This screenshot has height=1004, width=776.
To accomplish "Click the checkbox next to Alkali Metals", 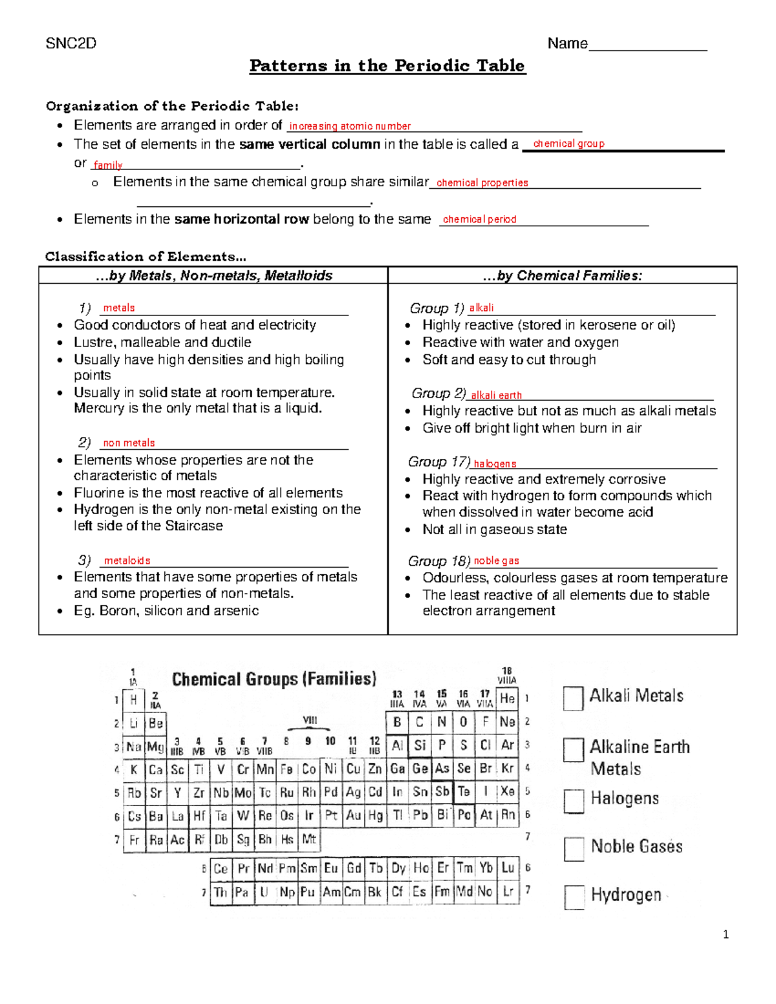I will click(573, 698).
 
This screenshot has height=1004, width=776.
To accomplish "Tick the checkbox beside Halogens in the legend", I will click(574, 801).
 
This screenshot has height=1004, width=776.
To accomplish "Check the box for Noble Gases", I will click(574, 849).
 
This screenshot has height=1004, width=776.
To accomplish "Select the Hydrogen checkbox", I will click(574, 897).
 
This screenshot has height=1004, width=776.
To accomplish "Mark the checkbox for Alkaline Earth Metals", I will click(574, 750).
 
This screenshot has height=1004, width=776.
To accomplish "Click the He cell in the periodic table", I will click(507, 699).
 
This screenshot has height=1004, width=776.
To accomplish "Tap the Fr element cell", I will click(134, 840).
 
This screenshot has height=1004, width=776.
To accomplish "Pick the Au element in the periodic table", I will click(353, 816).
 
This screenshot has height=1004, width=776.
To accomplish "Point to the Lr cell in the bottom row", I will click(508, 892).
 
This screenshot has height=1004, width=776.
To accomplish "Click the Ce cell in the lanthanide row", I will click(221, 868).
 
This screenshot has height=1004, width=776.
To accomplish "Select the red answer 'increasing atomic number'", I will click(350, 126).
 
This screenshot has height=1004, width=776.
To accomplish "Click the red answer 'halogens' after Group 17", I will click(495, 464).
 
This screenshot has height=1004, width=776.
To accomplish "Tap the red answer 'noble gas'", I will click(496, 561).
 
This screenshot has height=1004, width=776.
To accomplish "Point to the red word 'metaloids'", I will click(127, 561).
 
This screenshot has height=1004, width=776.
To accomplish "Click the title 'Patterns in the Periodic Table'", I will click(387, 66).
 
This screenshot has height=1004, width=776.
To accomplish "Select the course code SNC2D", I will click(71, 43).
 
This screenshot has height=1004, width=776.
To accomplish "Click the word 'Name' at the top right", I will click(567, 43).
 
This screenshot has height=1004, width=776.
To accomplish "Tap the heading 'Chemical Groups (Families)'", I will click(274, 679).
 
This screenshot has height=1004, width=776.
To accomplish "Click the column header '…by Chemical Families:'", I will click(562, 275).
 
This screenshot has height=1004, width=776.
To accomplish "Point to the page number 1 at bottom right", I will click(726, 934).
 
